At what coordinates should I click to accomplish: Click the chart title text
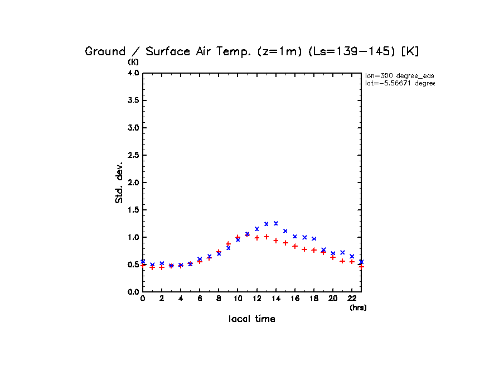[x=252, y=51]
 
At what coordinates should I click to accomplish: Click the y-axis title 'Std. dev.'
[x=119, y=182]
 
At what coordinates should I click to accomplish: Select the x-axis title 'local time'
[x=252, y=319]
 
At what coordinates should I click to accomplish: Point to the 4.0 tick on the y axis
[x=133, y=73]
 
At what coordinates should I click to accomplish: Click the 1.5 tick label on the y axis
[x=133, y=210]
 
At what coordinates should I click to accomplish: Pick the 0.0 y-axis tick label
[x=133, y=292]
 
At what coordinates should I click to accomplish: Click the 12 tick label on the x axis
[x=256, y=299]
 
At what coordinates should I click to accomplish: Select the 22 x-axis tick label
[x=352, y=299]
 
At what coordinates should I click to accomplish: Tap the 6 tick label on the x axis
[x=200, y=299]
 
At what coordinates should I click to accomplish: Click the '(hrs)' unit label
[x=358, y=308]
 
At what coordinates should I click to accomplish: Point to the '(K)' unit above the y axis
[x=133, y=62]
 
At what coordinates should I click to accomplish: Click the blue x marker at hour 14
[x=275, y=223]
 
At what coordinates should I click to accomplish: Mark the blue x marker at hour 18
[x=314, y=239]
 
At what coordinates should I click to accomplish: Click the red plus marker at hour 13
[x=266, y=237]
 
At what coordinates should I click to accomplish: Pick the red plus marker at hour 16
[x=295, y=246]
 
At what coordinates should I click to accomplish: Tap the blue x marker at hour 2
[x=162, y=263]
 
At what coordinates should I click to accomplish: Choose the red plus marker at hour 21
[x=342, y=261]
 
